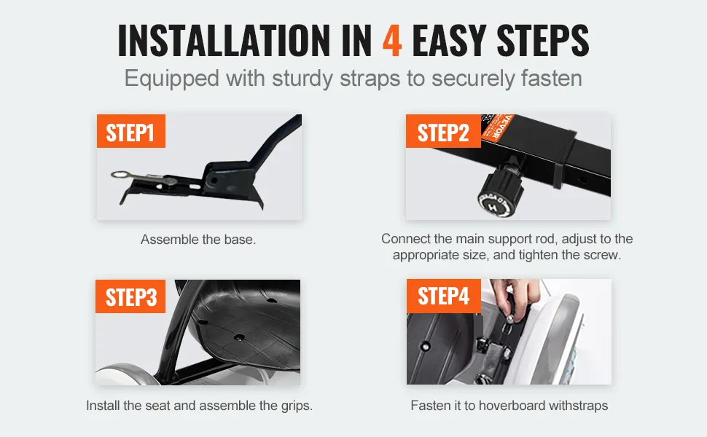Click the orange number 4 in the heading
[392, 41]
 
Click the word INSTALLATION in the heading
[224, 41]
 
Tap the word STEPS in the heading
[542, 41]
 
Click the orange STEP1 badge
[130, 131]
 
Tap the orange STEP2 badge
[442, 131]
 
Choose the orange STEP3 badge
[130, 296]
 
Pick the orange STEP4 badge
[444, 296]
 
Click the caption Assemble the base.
[198, 239]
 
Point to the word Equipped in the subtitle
[172, 79]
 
